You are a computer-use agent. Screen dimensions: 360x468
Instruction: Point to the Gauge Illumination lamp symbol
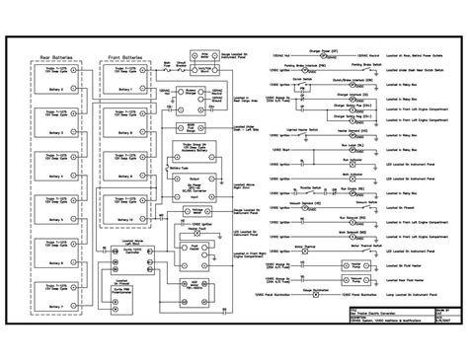341,294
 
